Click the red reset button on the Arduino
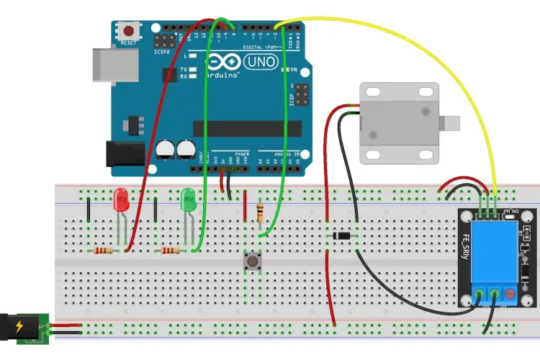pos(129,32)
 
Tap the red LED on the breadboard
pos(121,199)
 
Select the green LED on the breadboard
pos(189,199)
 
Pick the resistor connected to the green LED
pos(171,251)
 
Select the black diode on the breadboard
pos(342,235)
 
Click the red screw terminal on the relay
pos(511,294)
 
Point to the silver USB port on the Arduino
pos(107,64)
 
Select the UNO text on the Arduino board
pos(253,63)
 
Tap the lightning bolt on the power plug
pos(18,327)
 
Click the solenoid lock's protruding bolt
pos(451,123)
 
